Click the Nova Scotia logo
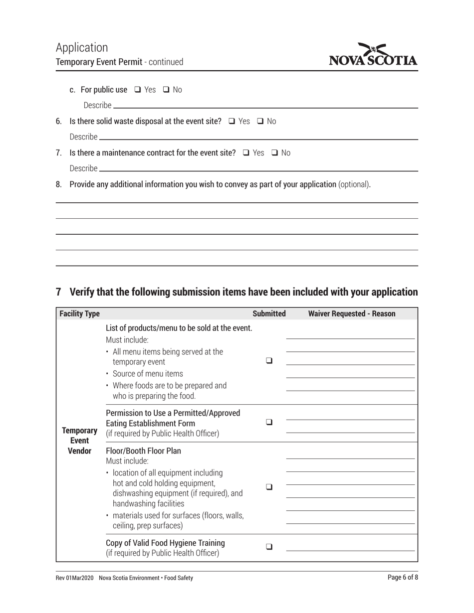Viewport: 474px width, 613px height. click(x=373, y=55)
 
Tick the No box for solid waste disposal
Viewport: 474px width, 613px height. click(x=260, y=121)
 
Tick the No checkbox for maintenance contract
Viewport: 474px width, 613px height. click(x=275, y=153)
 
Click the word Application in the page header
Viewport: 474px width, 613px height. click(x=82, y=47)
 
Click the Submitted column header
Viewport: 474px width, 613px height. click(x=269, y=313)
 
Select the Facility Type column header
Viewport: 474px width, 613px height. click(x=79, y=313)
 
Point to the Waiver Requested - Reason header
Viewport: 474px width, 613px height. click(x=352, y=313)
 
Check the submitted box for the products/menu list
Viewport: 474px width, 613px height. click(x=269, y=360)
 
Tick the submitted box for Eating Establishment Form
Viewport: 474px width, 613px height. click(x=269, y=422)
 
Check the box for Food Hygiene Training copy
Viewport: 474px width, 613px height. click(x=269, y=546)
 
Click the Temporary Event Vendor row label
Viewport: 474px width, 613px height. click(x=79, y=441)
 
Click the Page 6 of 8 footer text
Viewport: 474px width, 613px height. click(x=403, y=578)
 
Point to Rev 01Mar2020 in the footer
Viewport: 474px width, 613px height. click(x=74, y=578)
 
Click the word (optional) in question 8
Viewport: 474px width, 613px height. click(x=354, y=184)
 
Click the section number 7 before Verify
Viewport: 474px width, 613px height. click(x=58, y=292)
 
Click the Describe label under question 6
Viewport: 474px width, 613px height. click(x=83, y=137)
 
